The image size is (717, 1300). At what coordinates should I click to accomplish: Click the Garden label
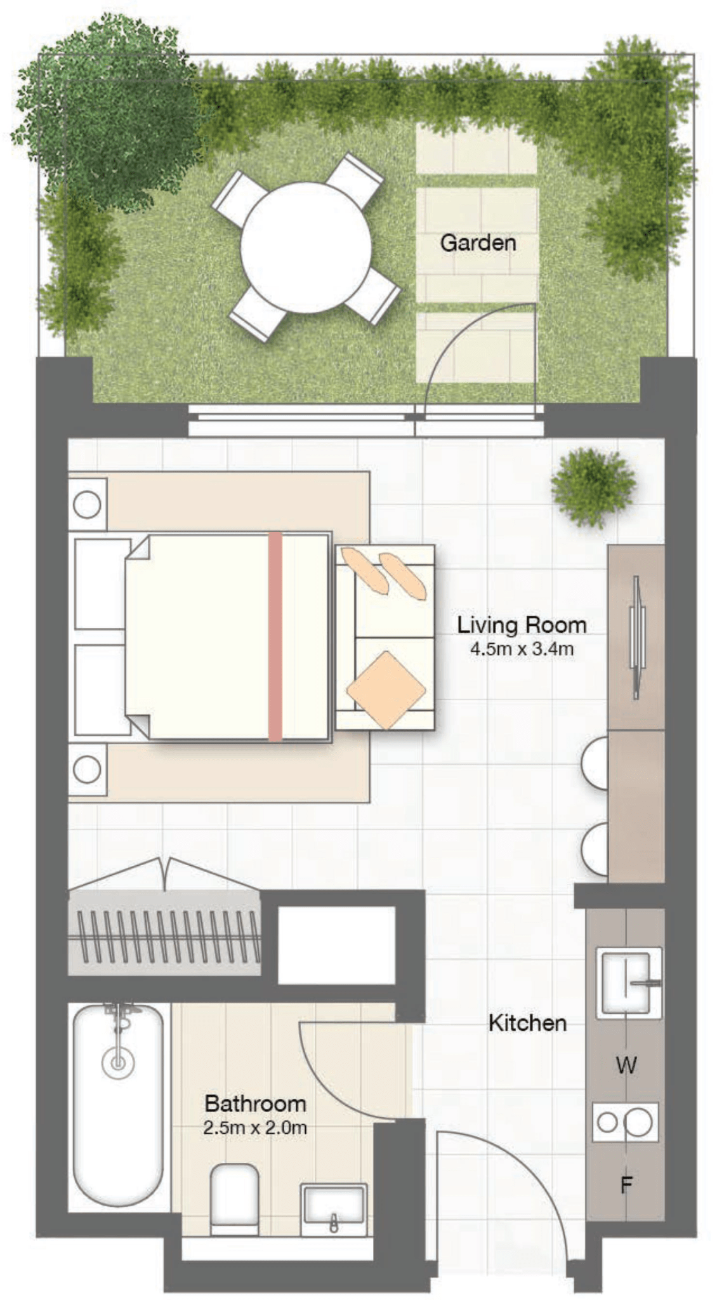pyautogui.click(x=477, y=242)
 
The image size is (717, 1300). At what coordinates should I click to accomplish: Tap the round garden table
pyautogui.click(x=305, y=248)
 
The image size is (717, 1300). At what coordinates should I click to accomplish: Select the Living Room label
pyautogui.click(x=522, y=625)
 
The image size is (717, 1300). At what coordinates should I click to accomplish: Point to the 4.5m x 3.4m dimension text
pyautogui.click(x=522, y=649)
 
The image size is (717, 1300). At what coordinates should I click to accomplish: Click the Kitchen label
pyautogui.click(x=527, y=1023)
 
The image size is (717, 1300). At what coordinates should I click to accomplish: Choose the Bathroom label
pyautogui.click(x=255, y=1103)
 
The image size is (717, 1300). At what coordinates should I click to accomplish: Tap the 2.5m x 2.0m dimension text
pyautogui.click(x=255, y=1128)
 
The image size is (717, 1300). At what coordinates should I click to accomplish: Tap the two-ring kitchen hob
pyautogui.click(x=625, y=1122)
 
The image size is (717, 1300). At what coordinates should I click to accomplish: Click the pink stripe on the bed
pyautogui.click(x=275, y=637)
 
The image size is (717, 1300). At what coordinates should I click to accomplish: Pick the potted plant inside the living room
pyautogui.click(x=594, y=487)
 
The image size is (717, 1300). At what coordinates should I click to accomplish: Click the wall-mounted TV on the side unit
pyautogui.click(x=637, y=637)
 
